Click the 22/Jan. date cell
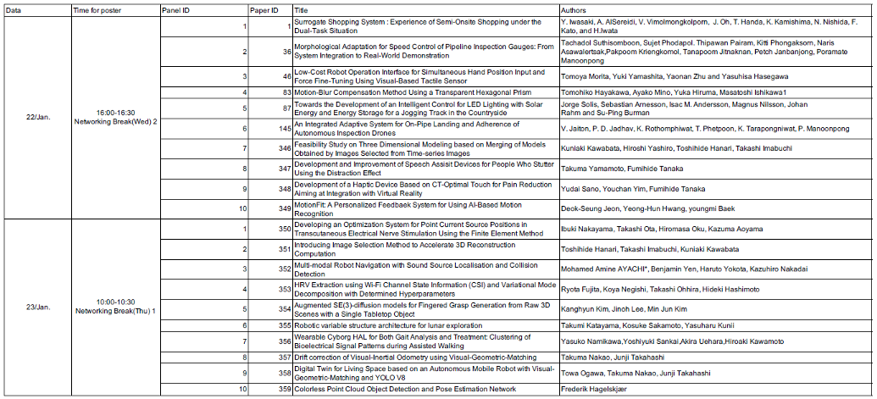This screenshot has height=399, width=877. click(x=39, y=116)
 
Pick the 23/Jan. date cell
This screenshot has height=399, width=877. click(x=39, y=306)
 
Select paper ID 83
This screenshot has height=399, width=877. click(x=285, y=91)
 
